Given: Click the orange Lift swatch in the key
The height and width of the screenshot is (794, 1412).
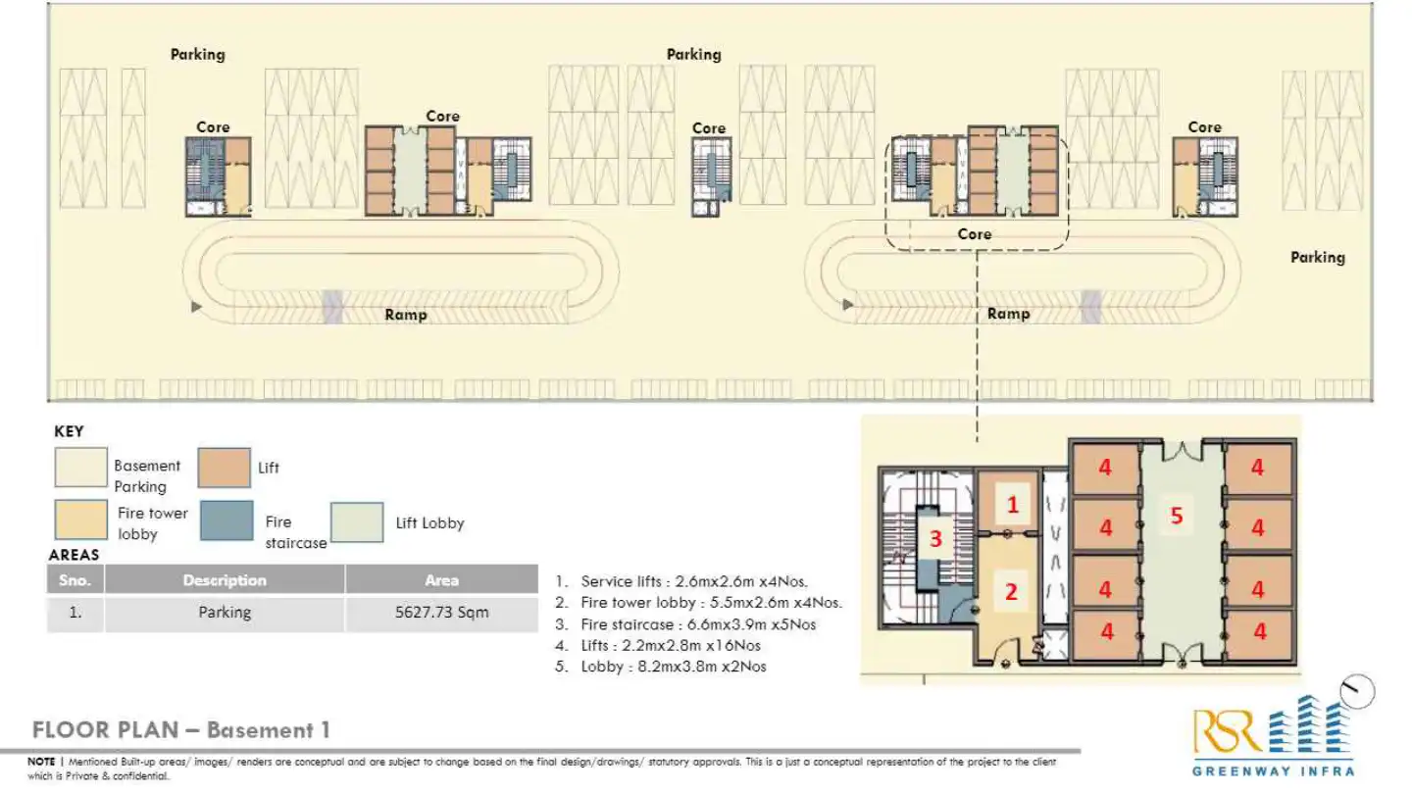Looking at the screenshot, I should (224, 469).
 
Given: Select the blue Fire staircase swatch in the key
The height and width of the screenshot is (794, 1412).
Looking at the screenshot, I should (227, 521).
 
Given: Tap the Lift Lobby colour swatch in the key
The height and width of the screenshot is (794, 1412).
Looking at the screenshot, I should (356, 522).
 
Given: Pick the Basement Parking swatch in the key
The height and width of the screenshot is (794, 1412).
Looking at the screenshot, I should (80, 469).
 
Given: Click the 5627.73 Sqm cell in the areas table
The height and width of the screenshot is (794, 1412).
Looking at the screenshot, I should (441, 613).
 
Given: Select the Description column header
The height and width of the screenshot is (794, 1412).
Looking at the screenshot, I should (225, 580).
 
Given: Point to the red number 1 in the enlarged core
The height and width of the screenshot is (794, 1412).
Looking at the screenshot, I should (1014, 506).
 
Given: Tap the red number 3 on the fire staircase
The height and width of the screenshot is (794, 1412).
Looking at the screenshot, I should (935, 538).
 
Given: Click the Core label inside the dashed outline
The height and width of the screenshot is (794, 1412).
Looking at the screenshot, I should (974, 234).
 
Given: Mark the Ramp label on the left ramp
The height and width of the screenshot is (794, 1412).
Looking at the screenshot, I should (405, 315).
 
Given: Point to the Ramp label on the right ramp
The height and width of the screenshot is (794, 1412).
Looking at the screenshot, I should (1008, 314).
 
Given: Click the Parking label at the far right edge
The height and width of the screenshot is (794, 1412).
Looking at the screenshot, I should (1317, 257).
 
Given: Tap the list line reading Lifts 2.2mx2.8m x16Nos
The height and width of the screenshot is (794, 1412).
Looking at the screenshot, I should (670, 645).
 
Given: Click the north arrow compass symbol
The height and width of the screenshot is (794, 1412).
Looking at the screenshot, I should (1359, 692).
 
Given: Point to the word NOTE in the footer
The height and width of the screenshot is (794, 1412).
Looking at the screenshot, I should (41, 761).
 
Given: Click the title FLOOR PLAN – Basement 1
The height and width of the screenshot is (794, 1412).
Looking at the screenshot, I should (181, 730).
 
